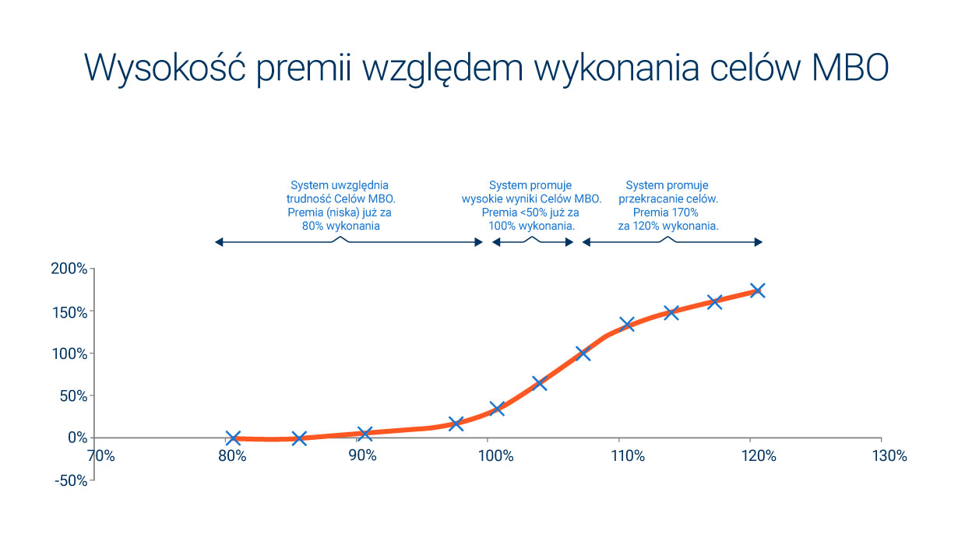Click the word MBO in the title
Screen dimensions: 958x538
point(851,68)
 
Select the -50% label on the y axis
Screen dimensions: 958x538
point(71,480)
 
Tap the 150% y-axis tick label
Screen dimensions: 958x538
point(70,313)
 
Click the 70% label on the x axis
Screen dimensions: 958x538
point(101,456)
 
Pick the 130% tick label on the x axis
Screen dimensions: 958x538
point(889,456)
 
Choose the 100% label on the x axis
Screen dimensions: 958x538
point(495,456)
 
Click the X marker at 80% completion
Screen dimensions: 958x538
point(233,438)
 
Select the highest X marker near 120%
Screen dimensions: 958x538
point(758,291)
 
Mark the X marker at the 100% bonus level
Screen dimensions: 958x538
point(583,353)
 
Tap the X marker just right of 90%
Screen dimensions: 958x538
point(365,434)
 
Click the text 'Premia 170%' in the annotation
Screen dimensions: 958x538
point(665,213)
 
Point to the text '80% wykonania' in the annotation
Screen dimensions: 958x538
point(341,227)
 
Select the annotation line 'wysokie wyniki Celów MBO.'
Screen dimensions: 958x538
point(532,199)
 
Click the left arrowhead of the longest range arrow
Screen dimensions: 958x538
point(219,242)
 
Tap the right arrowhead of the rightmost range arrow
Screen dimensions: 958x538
point(759,242)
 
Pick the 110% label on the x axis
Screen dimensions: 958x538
point(628,456)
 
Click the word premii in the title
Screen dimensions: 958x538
point(304,69)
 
